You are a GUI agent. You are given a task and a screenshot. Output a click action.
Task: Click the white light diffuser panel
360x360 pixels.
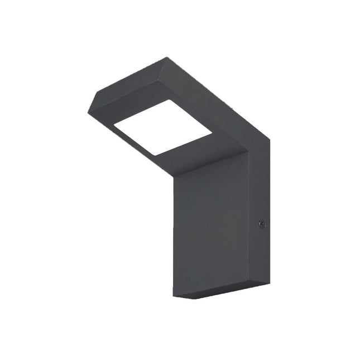162,128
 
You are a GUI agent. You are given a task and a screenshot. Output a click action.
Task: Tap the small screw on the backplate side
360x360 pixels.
261,224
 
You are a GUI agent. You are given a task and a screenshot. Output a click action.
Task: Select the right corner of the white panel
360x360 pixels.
212,134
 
